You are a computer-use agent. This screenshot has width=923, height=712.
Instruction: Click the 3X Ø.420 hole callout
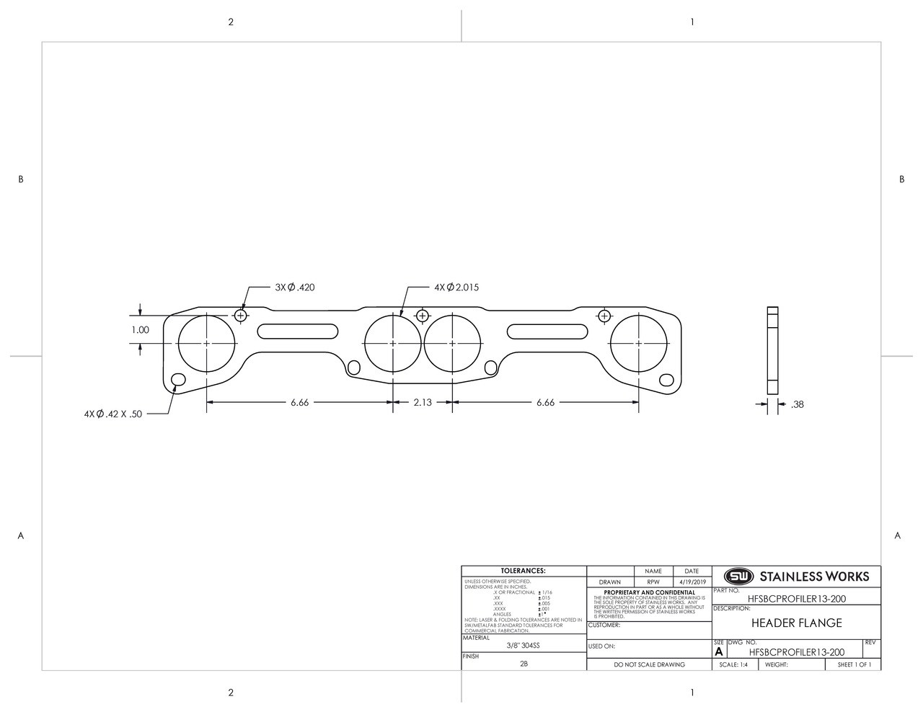[x=294, y=287]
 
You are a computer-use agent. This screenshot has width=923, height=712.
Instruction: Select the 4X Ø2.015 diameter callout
[x=456, y=287]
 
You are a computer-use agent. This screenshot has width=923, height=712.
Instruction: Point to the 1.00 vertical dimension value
[x=140, y=330]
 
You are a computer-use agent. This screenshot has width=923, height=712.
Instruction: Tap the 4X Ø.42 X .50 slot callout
[x=113, y=414]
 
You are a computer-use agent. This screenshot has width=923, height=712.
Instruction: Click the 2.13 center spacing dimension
[x=423, y=402]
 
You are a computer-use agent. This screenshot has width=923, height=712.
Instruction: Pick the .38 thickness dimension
[x=797, y=404]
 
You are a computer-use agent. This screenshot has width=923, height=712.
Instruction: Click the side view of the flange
[x=772, y=350]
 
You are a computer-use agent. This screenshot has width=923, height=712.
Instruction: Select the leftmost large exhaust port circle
[x=207, y=343]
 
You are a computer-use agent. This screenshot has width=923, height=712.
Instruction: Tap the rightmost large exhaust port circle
[x=639, y=343]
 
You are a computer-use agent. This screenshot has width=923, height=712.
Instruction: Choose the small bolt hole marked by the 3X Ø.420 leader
[x=241, y=316]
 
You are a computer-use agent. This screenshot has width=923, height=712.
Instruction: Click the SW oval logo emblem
[x=738, y=577]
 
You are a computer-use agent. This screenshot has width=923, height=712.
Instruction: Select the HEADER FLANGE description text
[x=796, y=623]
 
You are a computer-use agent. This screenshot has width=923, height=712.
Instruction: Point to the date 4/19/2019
[x=692, y=582]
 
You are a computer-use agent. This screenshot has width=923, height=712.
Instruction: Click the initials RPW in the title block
[x=653, y=582]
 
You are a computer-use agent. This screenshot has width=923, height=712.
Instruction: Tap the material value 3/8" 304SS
[x=523, y=646]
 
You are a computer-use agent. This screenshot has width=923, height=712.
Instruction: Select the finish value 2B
[x=524, y=664]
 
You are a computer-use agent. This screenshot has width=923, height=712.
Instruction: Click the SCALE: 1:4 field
[x=734, y=664]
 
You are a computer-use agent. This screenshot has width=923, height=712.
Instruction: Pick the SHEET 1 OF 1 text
[x=854, y=664]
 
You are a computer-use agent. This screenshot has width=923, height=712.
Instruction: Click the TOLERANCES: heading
[x=523, y=571]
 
